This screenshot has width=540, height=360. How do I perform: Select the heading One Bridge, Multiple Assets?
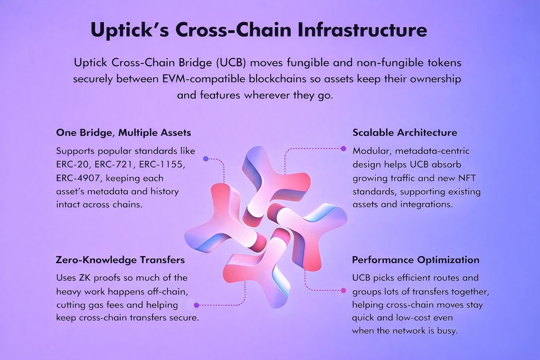pos(124,133)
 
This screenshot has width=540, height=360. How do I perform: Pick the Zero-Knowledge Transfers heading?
pos(120,260)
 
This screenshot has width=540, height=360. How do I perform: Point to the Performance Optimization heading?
pos(415,260)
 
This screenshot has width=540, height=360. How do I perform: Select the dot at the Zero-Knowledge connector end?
pos(196,305)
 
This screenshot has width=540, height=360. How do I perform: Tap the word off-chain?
pos(164,291)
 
